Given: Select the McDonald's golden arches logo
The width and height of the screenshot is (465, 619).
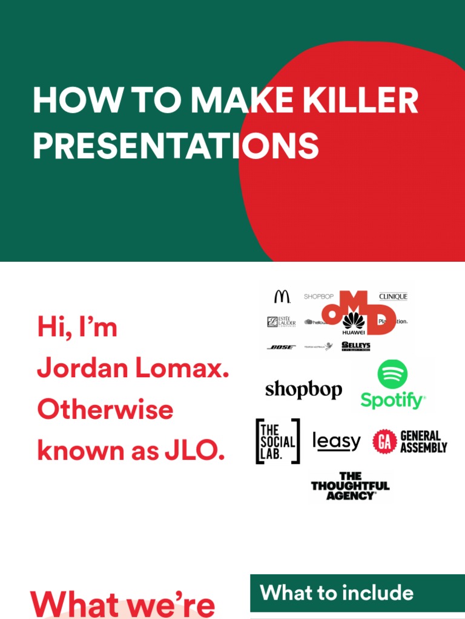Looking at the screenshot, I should pyautogui.click(x=282, y=296).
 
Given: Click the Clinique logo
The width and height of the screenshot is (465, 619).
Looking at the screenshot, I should pyautogui.click(x=393, y=296).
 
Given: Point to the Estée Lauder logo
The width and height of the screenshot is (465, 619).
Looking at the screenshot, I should pyautogui.click(x=282, y=322).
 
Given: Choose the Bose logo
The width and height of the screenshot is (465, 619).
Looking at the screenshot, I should pyautogui.click(x=281, y=347).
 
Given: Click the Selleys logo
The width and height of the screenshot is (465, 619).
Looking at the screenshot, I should pyautogui.click(x=356, y=346).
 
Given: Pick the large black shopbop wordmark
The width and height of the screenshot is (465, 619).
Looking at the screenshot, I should pyautogui.click(x=303, y=390).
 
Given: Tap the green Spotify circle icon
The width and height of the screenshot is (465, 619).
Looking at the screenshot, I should pyautogui.click(x=392, y=374).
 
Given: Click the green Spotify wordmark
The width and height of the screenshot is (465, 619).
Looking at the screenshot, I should pyautogui.click(x=393, y=400).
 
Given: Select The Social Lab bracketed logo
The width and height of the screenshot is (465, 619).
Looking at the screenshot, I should pyautogui.click(x=277, y=441).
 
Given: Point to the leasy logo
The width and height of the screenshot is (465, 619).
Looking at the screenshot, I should pyautogui.click(x=336, y=442).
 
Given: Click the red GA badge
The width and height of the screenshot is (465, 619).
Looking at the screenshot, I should pyautogui.click(x=384, y=441).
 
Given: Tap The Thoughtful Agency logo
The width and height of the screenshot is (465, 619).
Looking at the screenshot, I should pyautogui.click(x=350, y=486).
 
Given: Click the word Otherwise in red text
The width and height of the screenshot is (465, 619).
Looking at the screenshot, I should pyautogui.click(x=105, y=410).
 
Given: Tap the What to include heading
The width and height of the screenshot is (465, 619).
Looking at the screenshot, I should pyautogui.click(x=337, y=592).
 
